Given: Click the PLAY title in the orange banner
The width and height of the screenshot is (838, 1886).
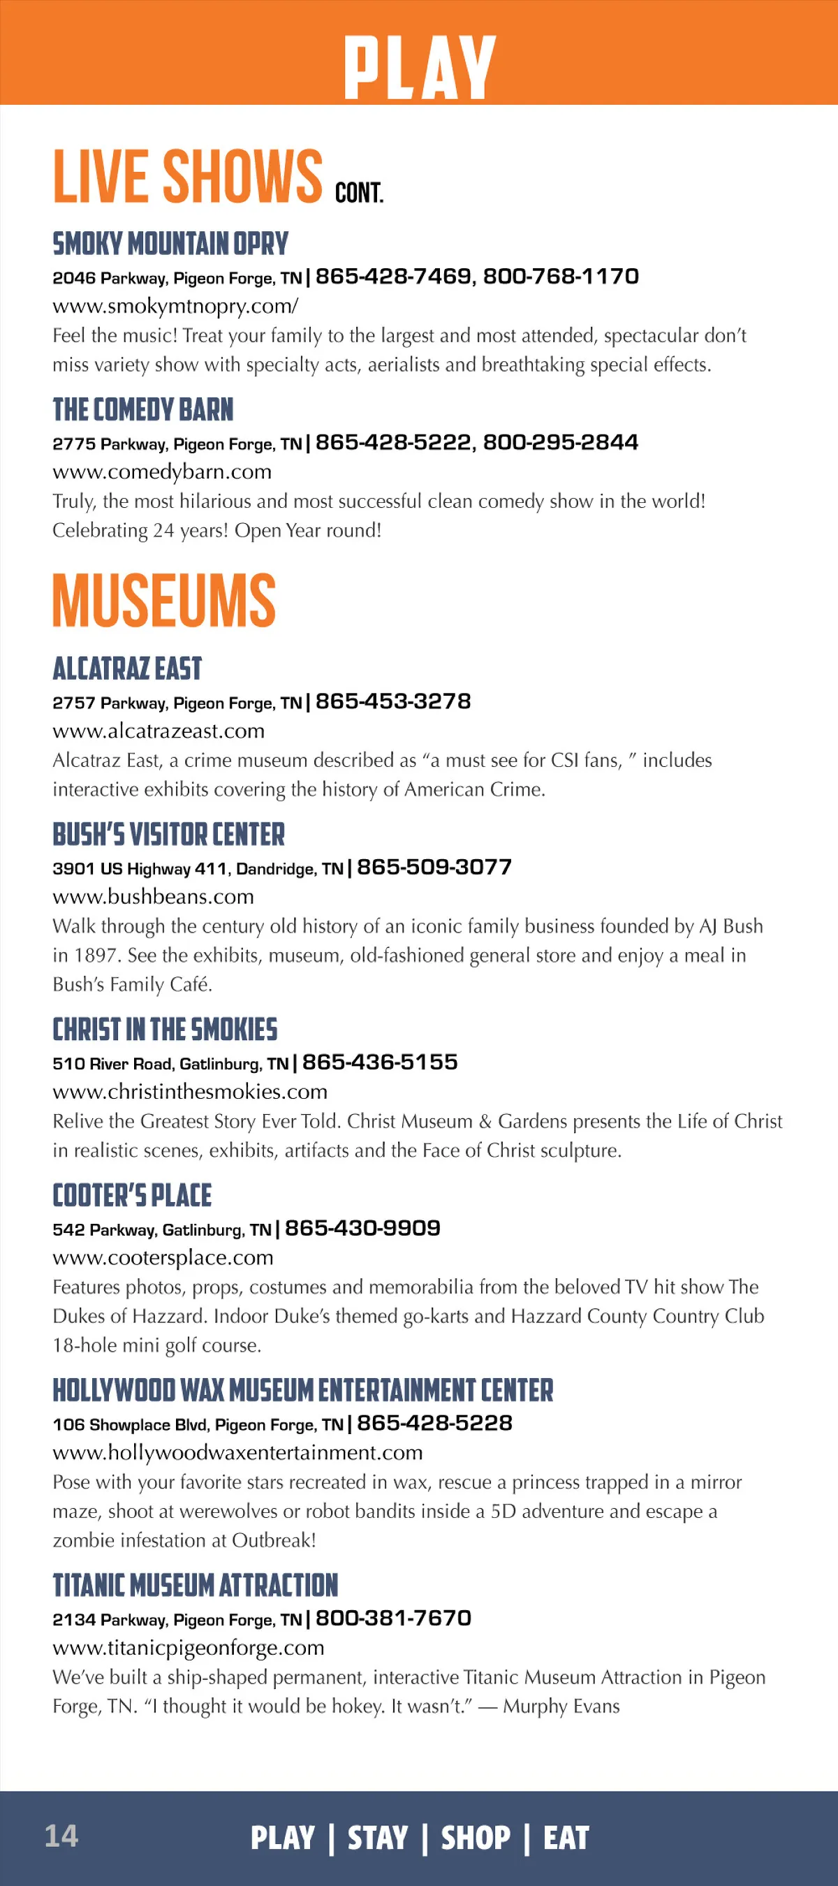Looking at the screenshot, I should point(420,66).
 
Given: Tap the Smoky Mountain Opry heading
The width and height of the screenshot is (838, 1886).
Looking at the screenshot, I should point(170,244).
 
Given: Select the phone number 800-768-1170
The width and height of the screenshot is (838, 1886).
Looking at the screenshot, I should point(561,276).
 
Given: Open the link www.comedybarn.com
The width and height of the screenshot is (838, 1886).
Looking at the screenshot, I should point(162,471).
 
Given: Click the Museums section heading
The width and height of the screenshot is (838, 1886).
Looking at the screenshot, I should point(164,600).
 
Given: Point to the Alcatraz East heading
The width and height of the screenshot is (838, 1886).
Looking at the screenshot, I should point(126,668).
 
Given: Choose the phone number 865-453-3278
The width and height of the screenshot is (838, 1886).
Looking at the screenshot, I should point(393,701).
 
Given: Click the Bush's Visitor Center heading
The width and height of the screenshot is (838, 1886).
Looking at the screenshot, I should point(168,835).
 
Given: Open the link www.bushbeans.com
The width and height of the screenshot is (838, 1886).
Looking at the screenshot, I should point(153,896).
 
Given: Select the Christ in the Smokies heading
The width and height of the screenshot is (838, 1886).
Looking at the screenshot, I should point(165,1030).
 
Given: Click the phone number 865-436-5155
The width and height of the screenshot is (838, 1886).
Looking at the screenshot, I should point(380,1062).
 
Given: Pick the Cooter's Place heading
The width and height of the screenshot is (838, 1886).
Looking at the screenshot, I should point(132,1196).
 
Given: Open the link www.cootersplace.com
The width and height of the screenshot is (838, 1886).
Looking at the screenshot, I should point(163,1257).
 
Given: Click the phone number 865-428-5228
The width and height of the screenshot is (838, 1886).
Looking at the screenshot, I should point(435,1423).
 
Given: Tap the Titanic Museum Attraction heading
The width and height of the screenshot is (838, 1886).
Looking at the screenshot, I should point(195,1586).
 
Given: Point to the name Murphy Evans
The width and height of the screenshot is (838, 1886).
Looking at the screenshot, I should point(561,1706).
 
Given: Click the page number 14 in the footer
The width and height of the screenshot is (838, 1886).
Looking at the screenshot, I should point(61,1836).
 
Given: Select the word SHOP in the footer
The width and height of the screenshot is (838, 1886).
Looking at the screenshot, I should point(476,1838).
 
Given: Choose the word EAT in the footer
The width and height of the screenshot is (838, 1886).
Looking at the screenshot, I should point(566,1838).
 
